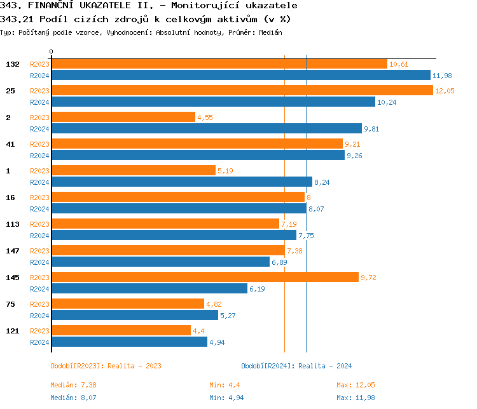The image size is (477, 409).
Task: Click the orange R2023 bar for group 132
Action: point(219,64)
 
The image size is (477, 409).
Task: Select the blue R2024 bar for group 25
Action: point(213,102)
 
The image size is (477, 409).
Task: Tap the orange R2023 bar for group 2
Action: point(123,117)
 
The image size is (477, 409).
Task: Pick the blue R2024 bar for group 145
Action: point(149,288)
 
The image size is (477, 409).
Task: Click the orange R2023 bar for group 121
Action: point(121,330)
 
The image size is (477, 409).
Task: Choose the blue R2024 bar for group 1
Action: point(182,182)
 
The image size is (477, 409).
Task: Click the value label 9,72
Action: point(369,278)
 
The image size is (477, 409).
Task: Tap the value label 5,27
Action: point(228,316)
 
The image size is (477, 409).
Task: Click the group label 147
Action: point(13,251)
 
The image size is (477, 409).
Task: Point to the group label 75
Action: point(11,304)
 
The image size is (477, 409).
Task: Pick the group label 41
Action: point(11,144)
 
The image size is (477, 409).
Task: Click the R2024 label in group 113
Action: point(39,236)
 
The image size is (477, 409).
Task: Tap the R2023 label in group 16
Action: point(39,198)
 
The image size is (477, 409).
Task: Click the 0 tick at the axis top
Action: point(52,51)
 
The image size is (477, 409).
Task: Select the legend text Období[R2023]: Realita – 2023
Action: point(106,366)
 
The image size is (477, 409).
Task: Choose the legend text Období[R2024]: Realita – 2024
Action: point(296,366)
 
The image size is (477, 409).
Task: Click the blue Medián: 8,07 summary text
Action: point(73,398)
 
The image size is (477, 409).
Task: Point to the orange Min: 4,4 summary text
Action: point(225,385)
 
